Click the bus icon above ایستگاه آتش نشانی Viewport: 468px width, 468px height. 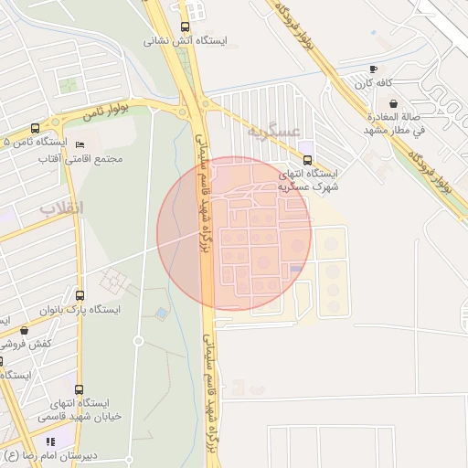tap(186, 27)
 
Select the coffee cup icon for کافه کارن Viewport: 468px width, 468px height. tap(373, 69)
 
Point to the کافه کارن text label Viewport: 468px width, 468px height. tap(373, 83)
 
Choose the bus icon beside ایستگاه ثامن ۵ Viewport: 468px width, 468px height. tap(35, 128)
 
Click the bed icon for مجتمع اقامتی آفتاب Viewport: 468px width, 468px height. tap(80, 144)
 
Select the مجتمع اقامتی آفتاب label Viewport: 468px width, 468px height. tap(88, 159)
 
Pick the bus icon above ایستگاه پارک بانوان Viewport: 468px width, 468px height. tap(80, 295)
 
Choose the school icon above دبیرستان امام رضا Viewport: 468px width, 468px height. tap(61, 441)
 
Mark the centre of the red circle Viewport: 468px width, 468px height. tap(234, 233)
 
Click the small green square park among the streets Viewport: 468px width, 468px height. tap(69, 87)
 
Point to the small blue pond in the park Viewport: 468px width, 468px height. tap(162, 314)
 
